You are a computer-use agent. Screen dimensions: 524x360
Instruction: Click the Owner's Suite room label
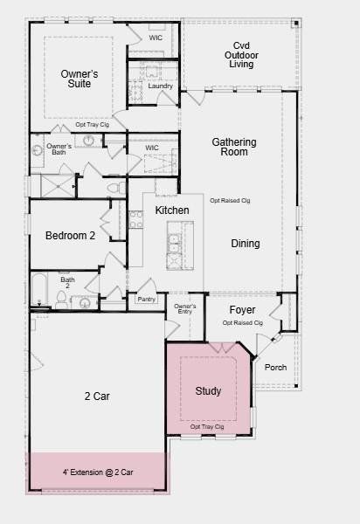[x=79, y=79]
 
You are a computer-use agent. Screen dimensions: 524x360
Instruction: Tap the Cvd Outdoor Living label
[x=240, y=55]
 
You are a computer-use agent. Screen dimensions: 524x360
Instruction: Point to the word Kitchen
[x=172, y=211]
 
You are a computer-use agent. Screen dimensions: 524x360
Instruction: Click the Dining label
[x=246, y=244]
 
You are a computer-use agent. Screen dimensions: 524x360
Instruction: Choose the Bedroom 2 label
[x=70, y=235]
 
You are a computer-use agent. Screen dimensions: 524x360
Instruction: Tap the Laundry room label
[x=160, y=86]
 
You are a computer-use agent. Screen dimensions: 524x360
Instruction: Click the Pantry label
[x=146, y=299]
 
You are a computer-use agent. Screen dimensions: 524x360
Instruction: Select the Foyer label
[x=242, y=310]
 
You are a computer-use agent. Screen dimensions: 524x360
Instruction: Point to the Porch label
[x=275, y=367]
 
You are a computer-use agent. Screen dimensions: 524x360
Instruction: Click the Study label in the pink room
[x=208, y=390]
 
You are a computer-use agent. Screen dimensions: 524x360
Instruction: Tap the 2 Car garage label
[x=96, y=396]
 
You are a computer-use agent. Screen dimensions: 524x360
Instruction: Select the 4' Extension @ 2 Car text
[x=98, y=472]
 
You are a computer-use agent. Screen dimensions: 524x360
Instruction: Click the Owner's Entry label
[x=184, y=309]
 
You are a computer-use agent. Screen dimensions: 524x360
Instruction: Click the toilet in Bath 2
[x=61, y=300]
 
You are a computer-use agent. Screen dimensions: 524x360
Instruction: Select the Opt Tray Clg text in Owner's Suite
[x=92, y=125]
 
